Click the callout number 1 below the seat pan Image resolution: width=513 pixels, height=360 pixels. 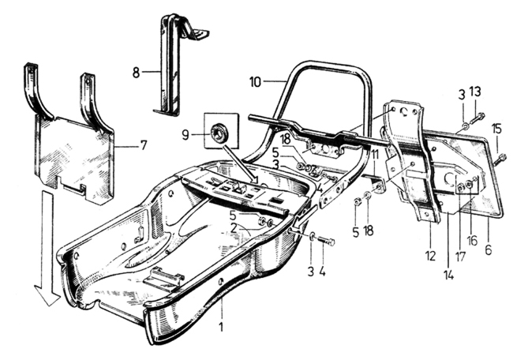click(x=221, y=326)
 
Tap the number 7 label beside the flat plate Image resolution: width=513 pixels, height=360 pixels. click(x=144, y=144)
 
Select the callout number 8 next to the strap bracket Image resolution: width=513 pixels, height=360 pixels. click(x=136, y=73)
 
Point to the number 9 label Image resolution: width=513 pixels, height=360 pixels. click(x=185, y=135)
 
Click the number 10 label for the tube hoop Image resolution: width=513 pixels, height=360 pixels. click(x=255, y=82)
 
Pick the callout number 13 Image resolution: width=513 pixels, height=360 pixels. click(x=475, y=92)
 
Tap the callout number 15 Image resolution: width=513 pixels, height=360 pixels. click(x=496, y=129)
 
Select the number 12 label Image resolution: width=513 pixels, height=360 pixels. click(x=431, y=256)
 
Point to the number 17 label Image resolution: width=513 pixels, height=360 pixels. click(x=460, y=256)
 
